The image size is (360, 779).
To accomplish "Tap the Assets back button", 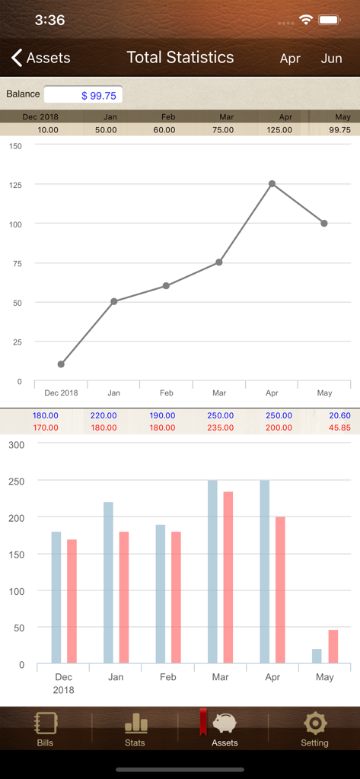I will pyautogui.click(x=41, y=58).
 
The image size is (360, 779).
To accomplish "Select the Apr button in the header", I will pyautogui.click(x=290, y=58).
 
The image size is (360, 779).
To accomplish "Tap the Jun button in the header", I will pyautogui.click(x=331, y=58).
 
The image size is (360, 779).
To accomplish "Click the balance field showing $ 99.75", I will pyautogui.click(x=83, y=95).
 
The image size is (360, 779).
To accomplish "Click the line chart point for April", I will pyautogui.click(x=272, y=183).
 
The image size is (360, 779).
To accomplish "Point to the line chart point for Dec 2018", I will pyautogui.click(x=61, y=364).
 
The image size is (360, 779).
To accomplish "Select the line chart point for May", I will pyautogui.click(x=324, y=223).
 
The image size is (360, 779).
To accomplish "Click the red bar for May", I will pyautogui.click(x=333, y=647).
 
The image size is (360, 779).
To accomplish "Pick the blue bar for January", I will pyautogui.click(x=108, y=582).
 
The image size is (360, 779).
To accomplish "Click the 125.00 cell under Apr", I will pyautogui.click(x=279, y=130).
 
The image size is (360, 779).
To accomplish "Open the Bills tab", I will pyautogui.click(x=46, y=729).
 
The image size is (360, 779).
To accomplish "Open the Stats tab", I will pyautogui.click(x=135, y=729).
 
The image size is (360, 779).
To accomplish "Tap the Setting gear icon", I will pyautogui.click(x=314, y=723).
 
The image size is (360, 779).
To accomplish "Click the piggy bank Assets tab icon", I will pyautogui.click(x=225, y=723).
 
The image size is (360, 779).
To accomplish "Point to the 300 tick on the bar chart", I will pyautogui.click(x=16, y=444).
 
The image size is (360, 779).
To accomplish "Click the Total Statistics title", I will pyautogui.click(x=180, y=57).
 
